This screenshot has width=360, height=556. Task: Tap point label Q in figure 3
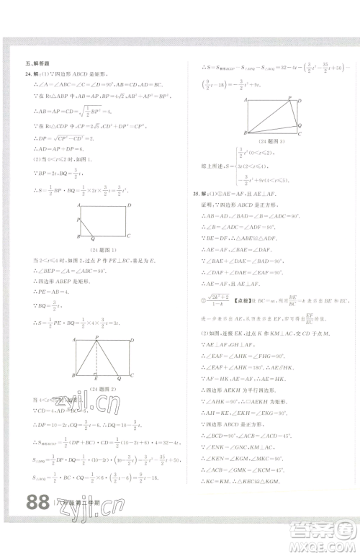300,123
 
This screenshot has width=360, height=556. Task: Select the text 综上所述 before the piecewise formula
209,165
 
